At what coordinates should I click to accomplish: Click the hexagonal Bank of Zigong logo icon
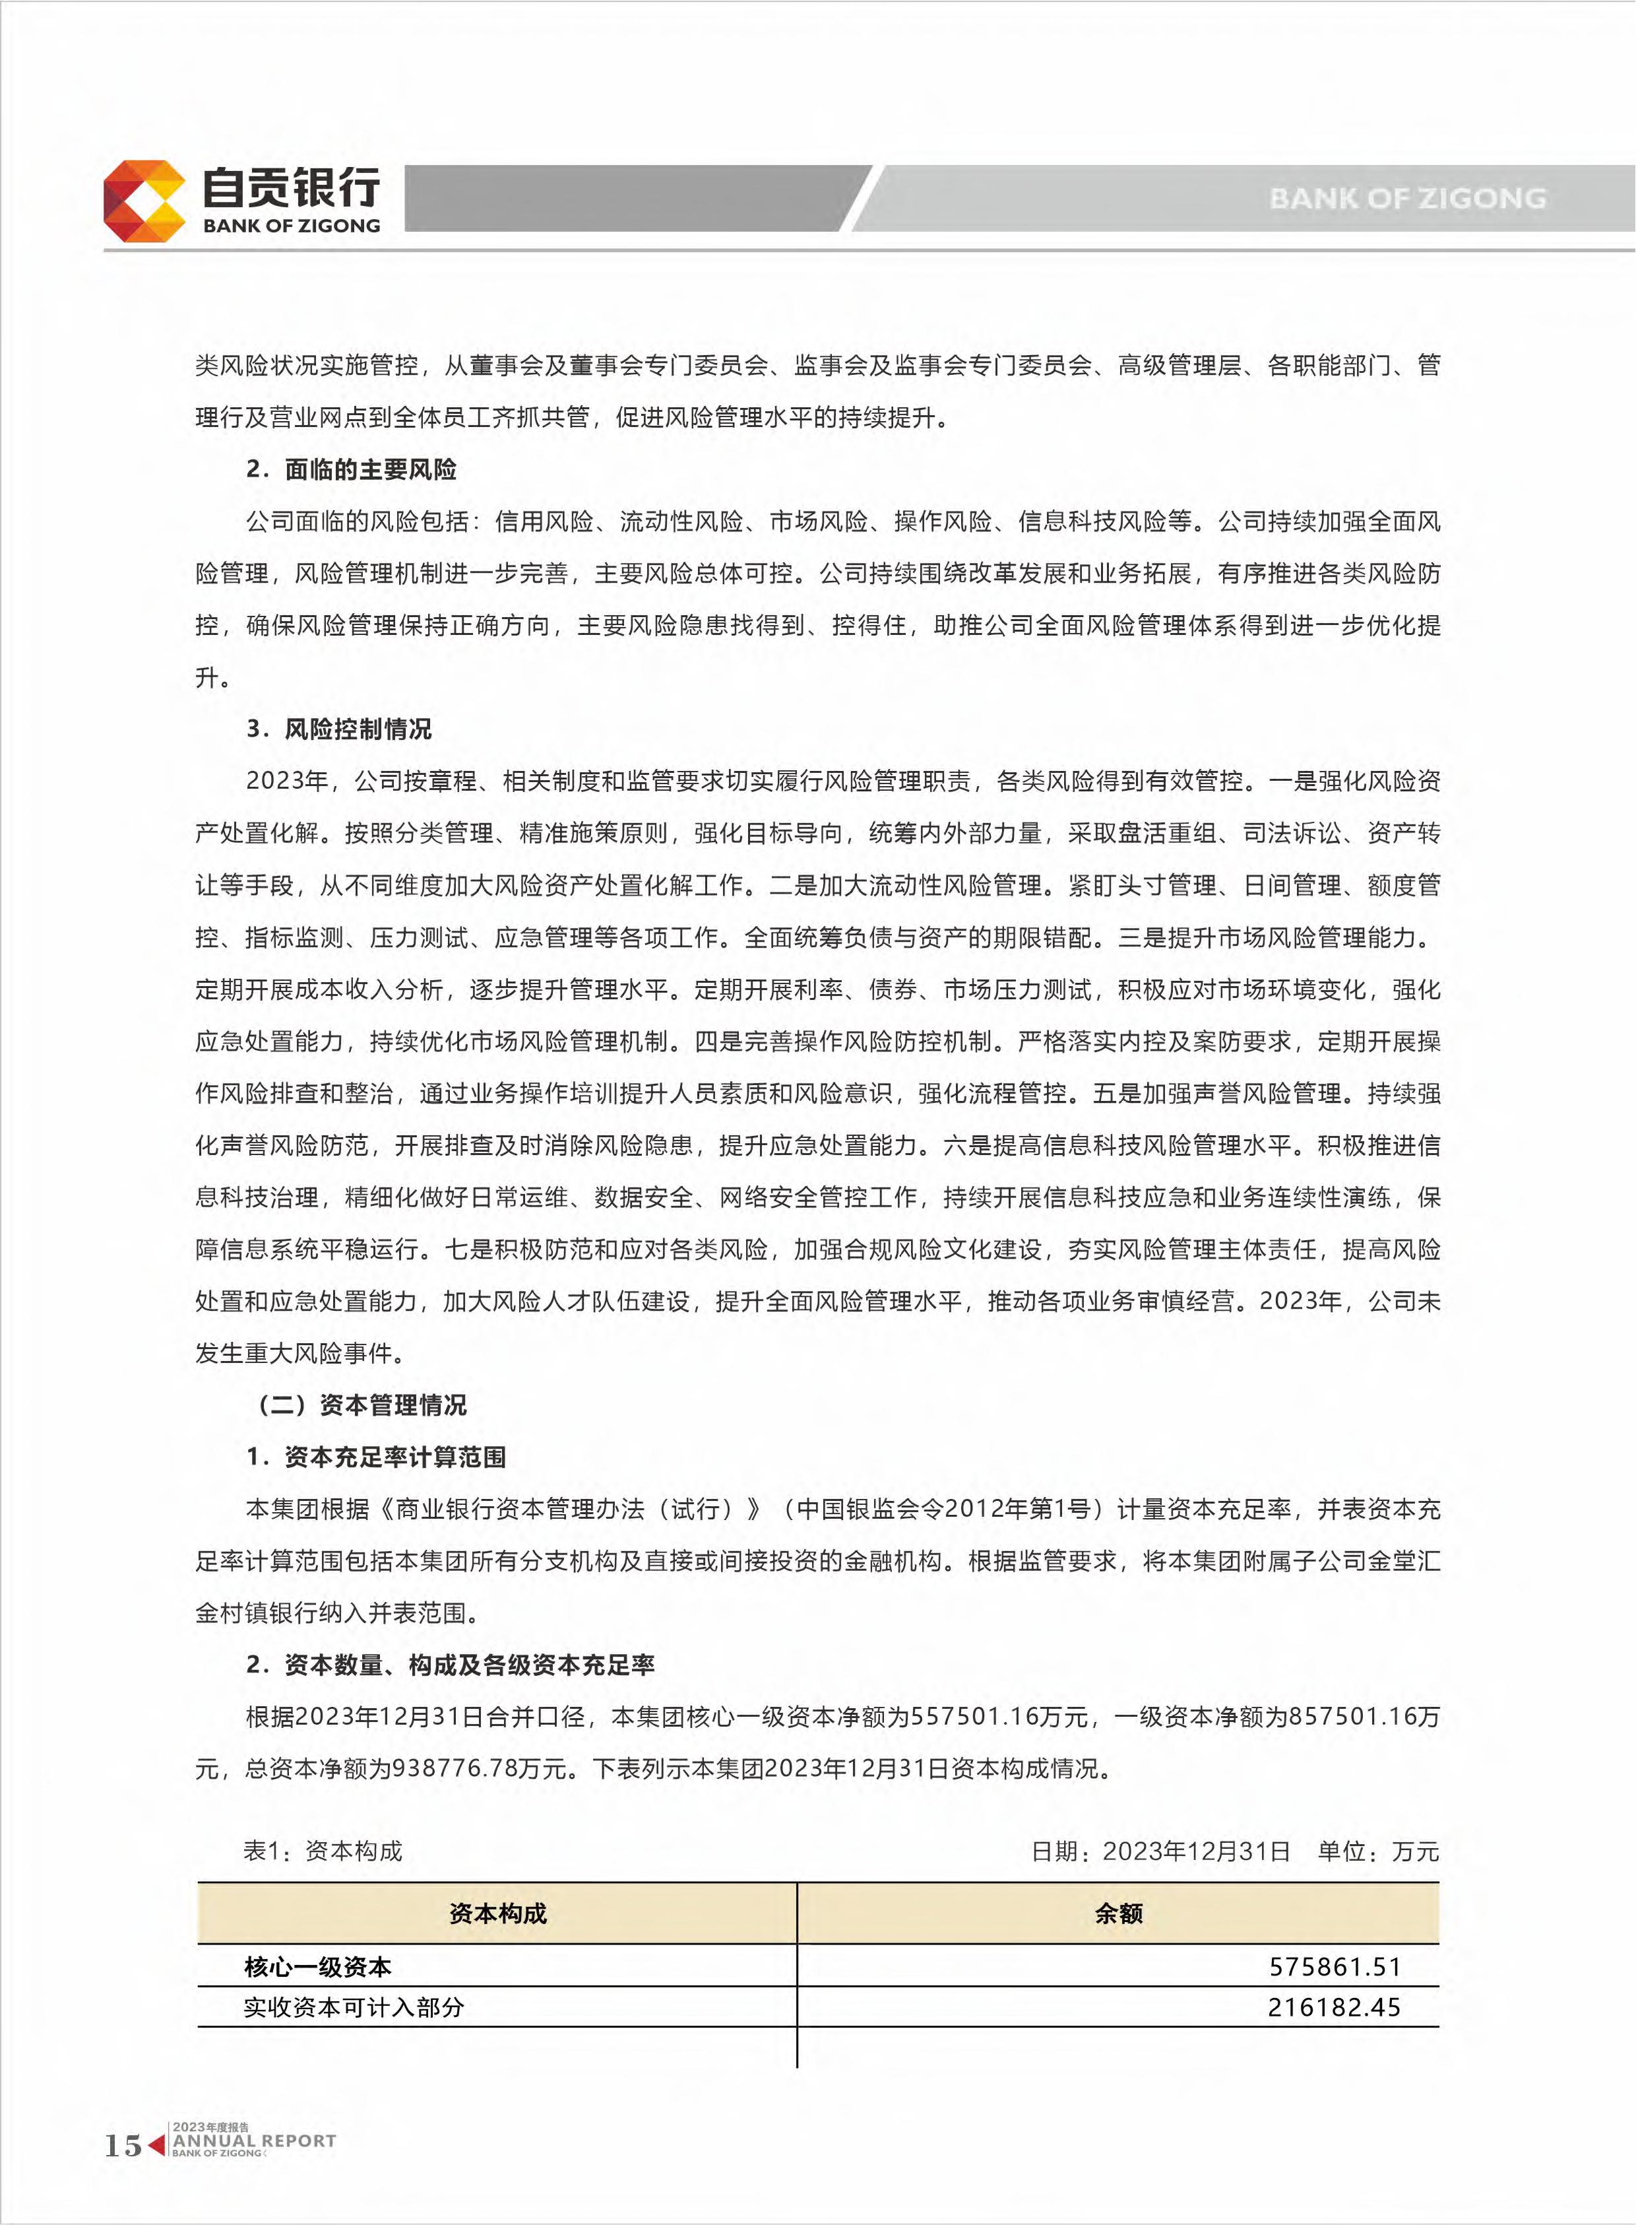click(x=144, y=201)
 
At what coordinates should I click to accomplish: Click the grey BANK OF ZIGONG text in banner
click(x=1406, y=198)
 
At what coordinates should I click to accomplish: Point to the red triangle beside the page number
click(x=156, y=2144)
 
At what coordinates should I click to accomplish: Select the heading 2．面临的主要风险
click(x=352, y=469)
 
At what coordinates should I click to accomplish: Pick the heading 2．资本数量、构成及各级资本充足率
click(x=451, y=1665)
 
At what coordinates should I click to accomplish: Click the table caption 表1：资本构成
click(x=323, y=1851)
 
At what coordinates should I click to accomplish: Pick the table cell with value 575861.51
click(x=1334, y=1966)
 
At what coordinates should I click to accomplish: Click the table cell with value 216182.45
click(x=1334, y=2008)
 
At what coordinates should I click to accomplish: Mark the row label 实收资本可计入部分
click(x=354, y=2008)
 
